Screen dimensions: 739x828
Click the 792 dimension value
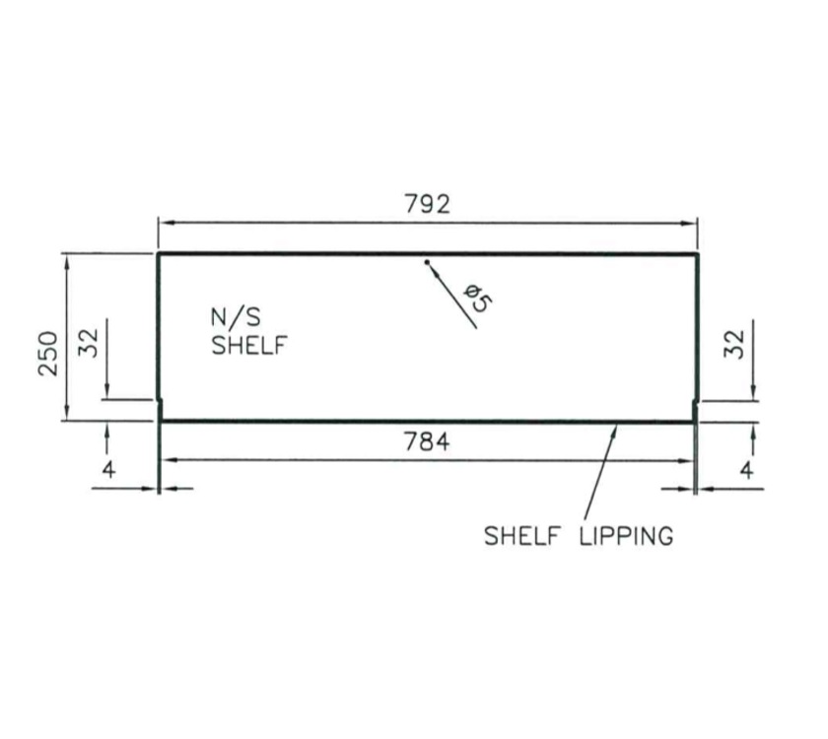tap(427, 204)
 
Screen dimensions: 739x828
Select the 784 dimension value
tap(427, 442)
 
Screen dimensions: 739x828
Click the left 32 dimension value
tap(89, 343)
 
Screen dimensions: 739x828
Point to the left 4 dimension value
tap(108, 470)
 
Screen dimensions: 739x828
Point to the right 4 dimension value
tap(747, 470)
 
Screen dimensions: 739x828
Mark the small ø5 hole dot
tap(427, 262)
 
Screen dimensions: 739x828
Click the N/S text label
tap(233, 317)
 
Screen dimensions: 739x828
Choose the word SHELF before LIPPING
tap(523, 536)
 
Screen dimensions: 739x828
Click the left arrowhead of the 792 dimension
tap(165, 224)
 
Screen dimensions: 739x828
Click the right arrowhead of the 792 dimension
tap(692, 224)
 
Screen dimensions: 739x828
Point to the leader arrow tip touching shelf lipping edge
tap(617, 425)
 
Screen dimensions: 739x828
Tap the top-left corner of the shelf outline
tap(159, 254)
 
